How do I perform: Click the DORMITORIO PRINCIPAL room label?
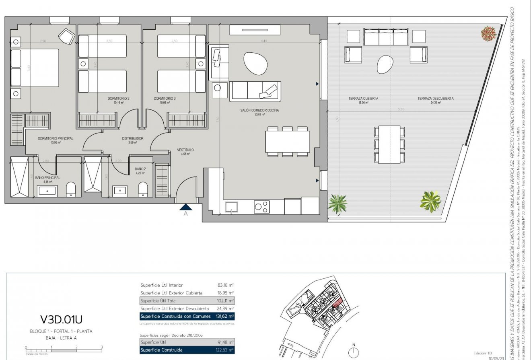pyautogui.click(x=56, y=138)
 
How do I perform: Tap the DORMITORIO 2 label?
pyautogui.click(x=118, y=99)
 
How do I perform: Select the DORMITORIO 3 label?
pyautogui.click(x=165, y=99)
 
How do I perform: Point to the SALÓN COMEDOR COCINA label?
pyautogui.click(x=259, y=110)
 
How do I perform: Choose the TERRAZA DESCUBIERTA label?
pyautogui.click(x=435, y=99)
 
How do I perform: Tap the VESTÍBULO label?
pyautogui.click(x=185, y=150)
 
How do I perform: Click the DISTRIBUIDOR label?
pyautogui.click(x=133, y=138)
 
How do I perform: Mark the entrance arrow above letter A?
pyautogui.click(x=185, y=207)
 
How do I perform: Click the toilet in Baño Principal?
pyautogui.click(x=71, y=189)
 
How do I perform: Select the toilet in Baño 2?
pyautogui.click(x=143, y=189)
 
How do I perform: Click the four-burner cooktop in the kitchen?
pyautogui.click(x=261, y=207)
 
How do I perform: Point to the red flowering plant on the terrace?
pyautogui.click(x=488, y=33)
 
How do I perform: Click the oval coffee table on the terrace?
pyautogui.click(x=385, y=64)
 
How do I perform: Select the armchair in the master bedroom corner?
pyautogui.click(x=66, y=37)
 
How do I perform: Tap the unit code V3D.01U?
pyautogui.click(x=61, y=320)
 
